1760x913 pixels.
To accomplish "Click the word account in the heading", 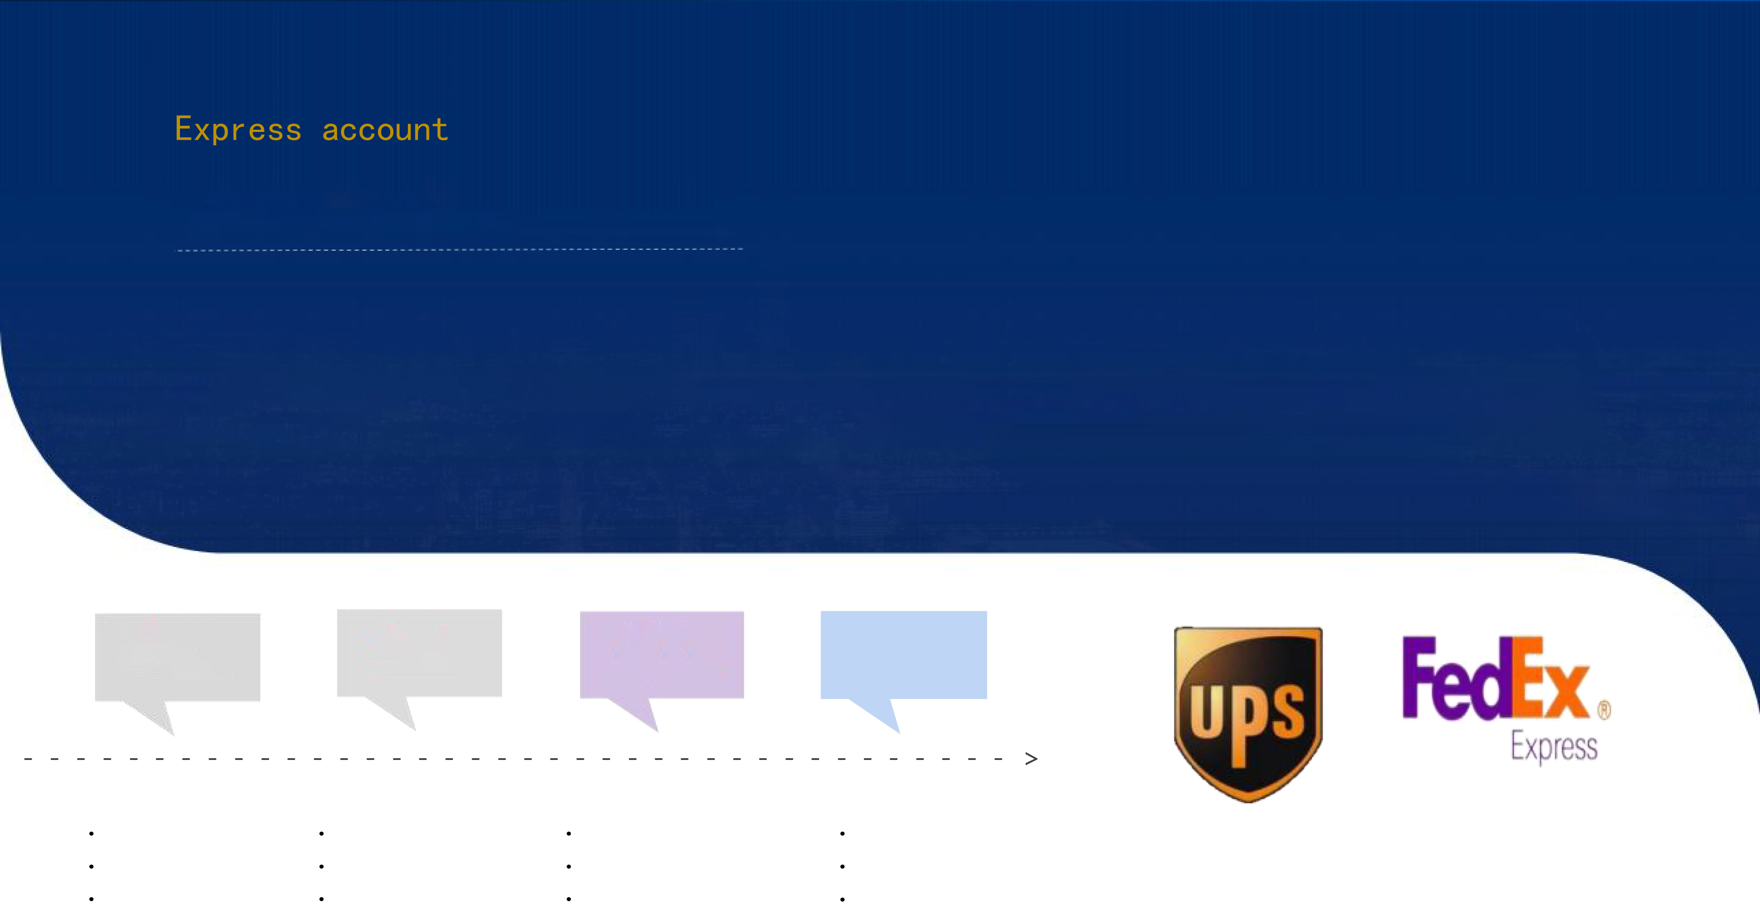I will [385, 130].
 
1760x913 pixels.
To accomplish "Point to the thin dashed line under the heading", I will [459, 250].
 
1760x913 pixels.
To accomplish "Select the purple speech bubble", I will [661, 654].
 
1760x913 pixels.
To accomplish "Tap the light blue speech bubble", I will [903, 654].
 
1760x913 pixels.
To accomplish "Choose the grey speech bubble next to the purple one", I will [419, 653].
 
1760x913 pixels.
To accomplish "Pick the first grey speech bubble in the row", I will [177, 657].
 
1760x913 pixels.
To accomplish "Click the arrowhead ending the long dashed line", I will [1031, 759].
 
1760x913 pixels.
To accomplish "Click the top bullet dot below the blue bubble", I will [843, 833].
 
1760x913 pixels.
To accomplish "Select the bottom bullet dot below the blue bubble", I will [843, 898].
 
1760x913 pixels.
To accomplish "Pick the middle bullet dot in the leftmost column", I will [92, 866].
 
